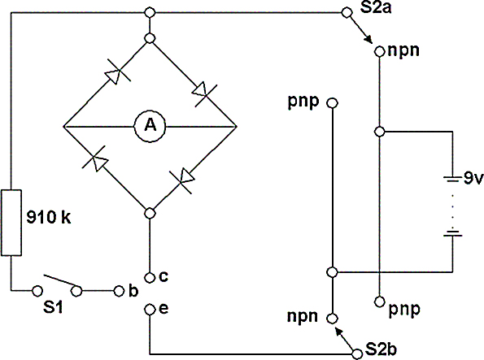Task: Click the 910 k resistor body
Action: point(11,223)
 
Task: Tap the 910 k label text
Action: point(49,218)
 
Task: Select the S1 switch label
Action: point(53,307)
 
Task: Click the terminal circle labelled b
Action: point(119,291)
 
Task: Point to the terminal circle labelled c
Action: point(150,278)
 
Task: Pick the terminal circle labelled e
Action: point(150,309)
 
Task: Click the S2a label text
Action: point(376,7)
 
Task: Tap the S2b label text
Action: point(381,349)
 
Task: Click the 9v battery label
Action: point(473,178)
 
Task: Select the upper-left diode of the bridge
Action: point(116,74)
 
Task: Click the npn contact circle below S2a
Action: point(380,51)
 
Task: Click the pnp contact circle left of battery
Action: point(332,103)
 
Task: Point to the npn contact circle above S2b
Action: point(332,319)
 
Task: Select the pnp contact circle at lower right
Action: point(380,301)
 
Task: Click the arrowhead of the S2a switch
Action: point(368,39)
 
